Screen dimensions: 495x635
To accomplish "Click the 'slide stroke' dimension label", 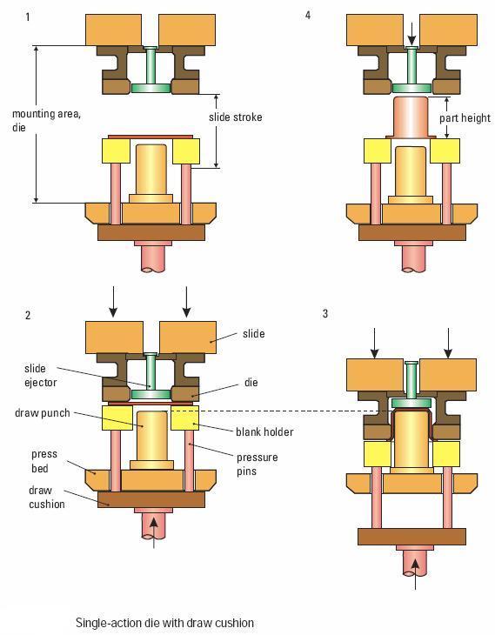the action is (236, 117).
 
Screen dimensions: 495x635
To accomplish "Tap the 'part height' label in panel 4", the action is (465, 118).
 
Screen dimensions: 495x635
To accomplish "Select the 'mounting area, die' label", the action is (46, 120).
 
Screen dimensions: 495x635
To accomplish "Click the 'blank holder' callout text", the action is (264, 431).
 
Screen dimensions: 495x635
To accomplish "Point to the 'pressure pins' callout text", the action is (258, 465).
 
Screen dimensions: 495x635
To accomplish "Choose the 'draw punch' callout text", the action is (42, 413).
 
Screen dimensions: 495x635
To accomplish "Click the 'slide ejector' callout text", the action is (41, 376).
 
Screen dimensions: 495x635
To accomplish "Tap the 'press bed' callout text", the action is (44, 461).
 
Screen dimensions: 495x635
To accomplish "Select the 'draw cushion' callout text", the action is (47, 497).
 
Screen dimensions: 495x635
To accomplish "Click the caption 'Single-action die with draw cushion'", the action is (165, 623).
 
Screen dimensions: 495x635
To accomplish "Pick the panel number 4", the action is (308, 16).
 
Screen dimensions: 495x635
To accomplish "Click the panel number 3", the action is (324, 313).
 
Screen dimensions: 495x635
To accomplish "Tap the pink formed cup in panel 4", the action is (411, 117).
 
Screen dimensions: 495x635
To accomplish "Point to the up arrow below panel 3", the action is (415, 574).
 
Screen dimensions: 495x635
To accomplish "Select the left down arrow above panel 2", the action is (113, 302).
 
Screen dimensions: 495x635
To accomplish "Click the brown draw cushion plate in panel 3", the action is (411, 537).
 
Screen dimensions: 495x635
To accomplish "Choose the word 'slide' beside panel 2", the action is (253, 334).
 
